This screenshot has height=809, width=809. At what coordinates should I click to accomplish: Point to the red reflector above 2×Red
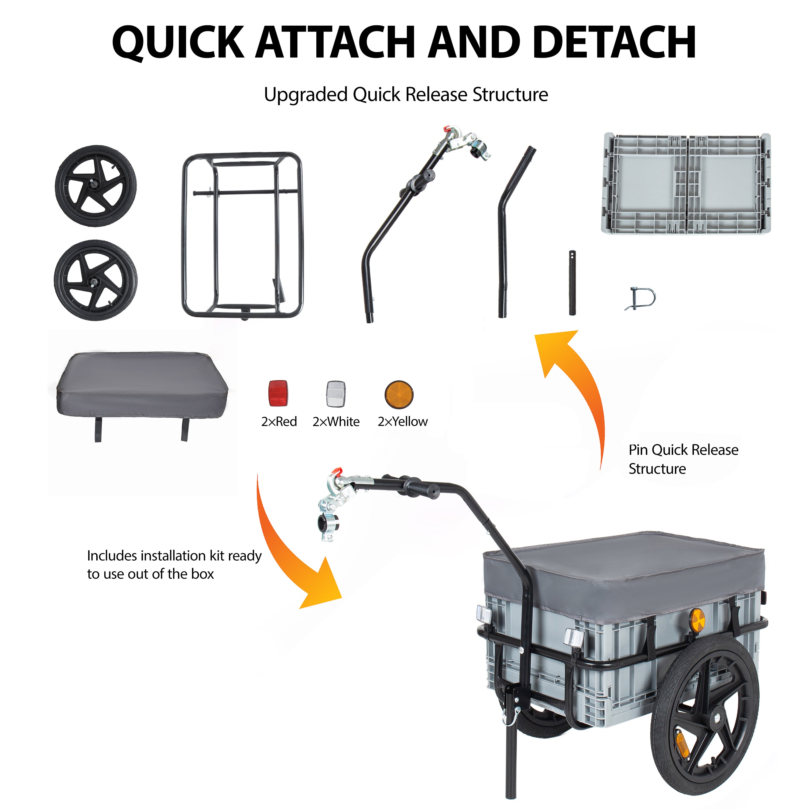tap(278, 393)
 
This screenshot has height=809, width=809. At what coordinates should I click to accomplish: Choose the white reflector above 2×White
tap(336, 394)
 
